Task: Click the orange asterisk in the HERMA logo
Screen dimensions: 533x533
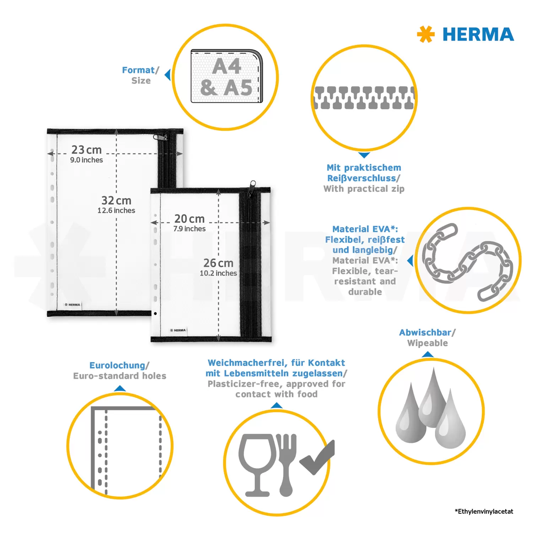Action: [x=426, y=34]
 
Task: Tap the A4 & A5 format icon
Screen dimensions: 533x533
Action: [x=227, y=76]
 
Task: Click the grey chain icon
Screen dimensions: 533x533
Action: [x=468, y=262]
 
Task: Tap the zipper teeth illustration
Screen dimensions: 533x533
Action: [x=364, y=98]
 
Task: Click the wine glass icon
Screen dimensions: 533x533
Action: [x=257, y=465]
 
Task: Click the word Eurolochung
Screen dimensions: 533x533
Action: [x=117, y=366]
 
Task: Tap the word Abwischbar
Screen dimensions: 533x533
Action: [x=425, y=333]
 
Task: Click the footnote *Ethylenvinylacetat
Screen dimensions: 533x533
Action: [x=484, y=511]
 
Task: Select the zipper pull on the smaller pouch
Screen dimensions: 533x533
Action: [x=253, y=187]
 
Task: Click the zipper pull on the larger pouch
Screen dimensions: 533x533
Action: [x=161, y=137]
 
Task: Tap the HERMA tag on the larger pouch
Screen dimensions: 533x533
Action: [x=72, y=305]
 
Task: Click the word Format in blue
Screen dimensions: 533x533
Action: [x=138, y=70]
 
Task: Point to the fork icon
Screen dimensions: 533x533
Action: [x=286, y=465]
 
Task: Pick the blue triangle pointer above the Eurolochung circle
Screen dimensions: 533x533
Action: [x=120, y=388]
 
